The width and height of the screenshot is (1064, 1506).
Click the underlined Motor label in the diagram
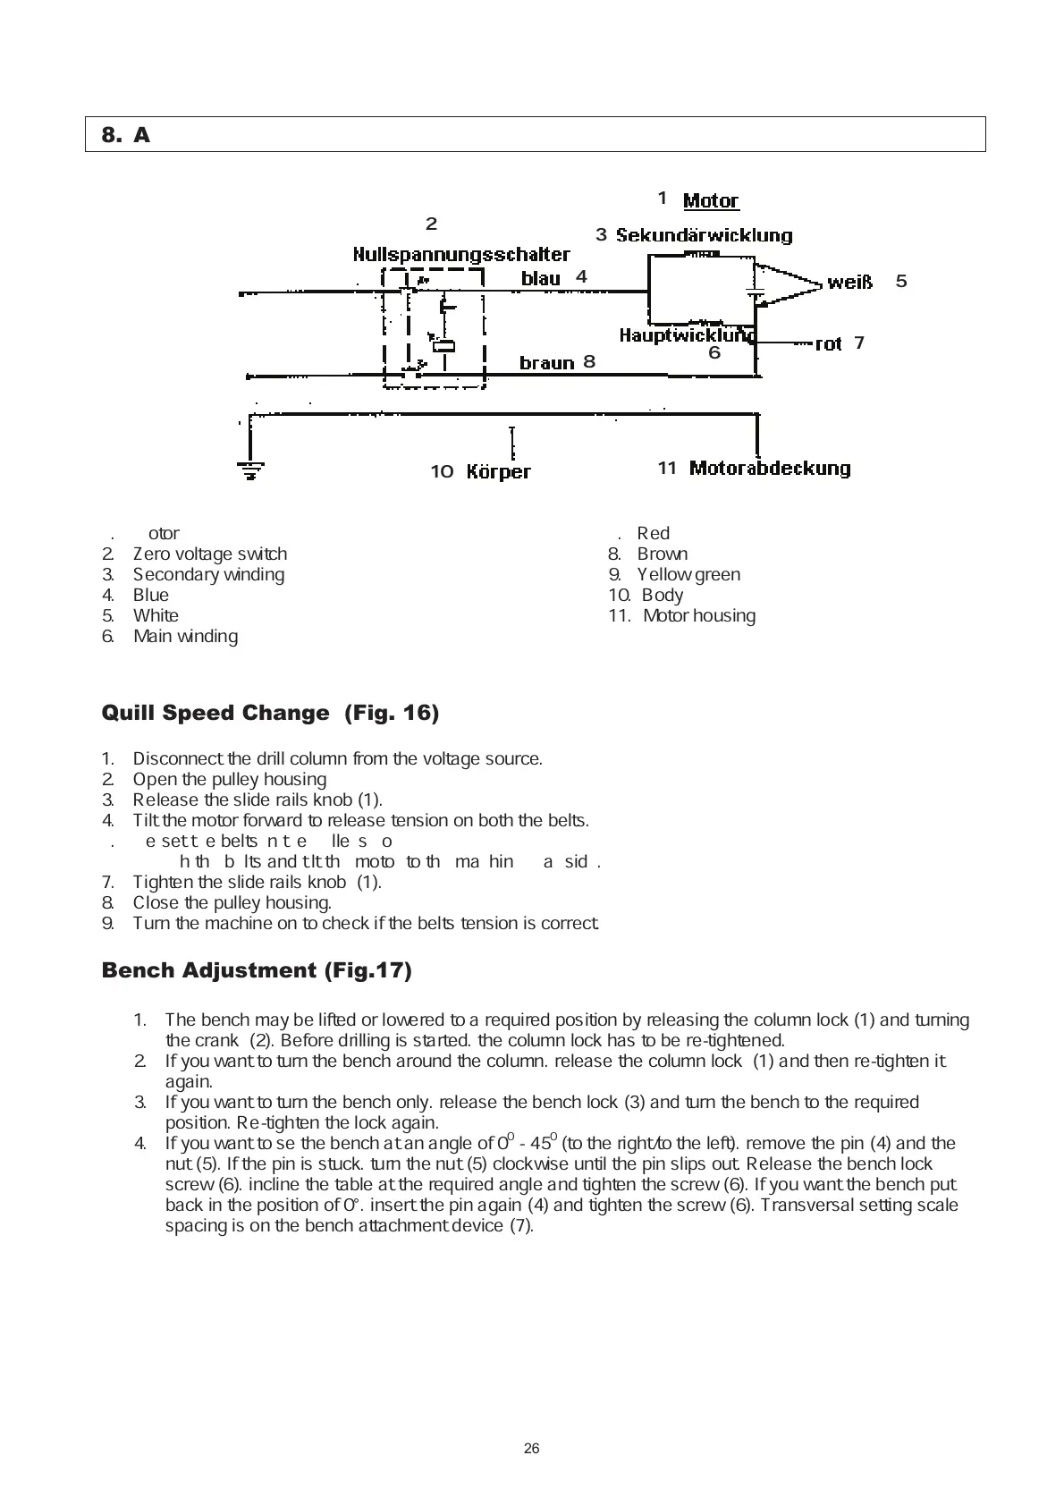pos(711,200)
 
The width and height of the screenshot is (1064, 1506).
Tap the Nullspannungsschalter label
pos(460,254)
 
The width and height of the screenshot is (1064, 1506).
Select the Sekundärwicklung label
pos(704,235)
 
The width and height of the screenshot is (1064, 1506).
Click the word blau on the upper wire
pos(540,278)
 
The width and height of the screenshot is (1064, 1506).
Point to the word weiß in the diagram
pos(849,282)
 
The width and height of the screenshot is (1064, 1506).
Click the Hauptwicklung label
pos(687,335)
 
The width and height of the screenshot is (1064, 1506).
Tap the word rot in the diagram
pos(828,343)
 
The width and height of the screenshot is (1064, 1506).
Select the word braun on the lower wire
pos(546,362)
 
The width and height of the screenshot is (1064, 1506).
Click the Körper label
pos(498,471)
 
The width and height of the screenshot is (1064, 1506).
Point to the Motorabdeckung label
pos(769,468)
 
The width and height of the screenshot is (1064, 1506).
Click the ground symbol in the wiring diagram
pos(249,468)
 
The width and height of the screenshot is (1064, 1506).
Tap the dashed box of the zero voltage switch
pos(434,327)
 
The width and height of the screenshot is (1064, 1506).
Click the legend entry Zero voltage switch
pos(209,554)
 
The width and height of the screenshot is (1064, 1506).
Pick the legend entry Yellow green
pos(688,575)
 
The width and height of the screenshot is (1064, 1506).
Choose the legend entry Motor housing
pos(698,616)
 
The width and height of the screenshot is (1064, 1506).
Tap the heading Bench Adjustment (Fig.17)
pos(257,970)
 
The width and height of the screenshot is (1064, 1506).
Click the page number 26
pos(532,1449)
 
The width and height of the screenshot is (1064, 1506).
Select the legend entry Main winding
pos(185,637)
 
